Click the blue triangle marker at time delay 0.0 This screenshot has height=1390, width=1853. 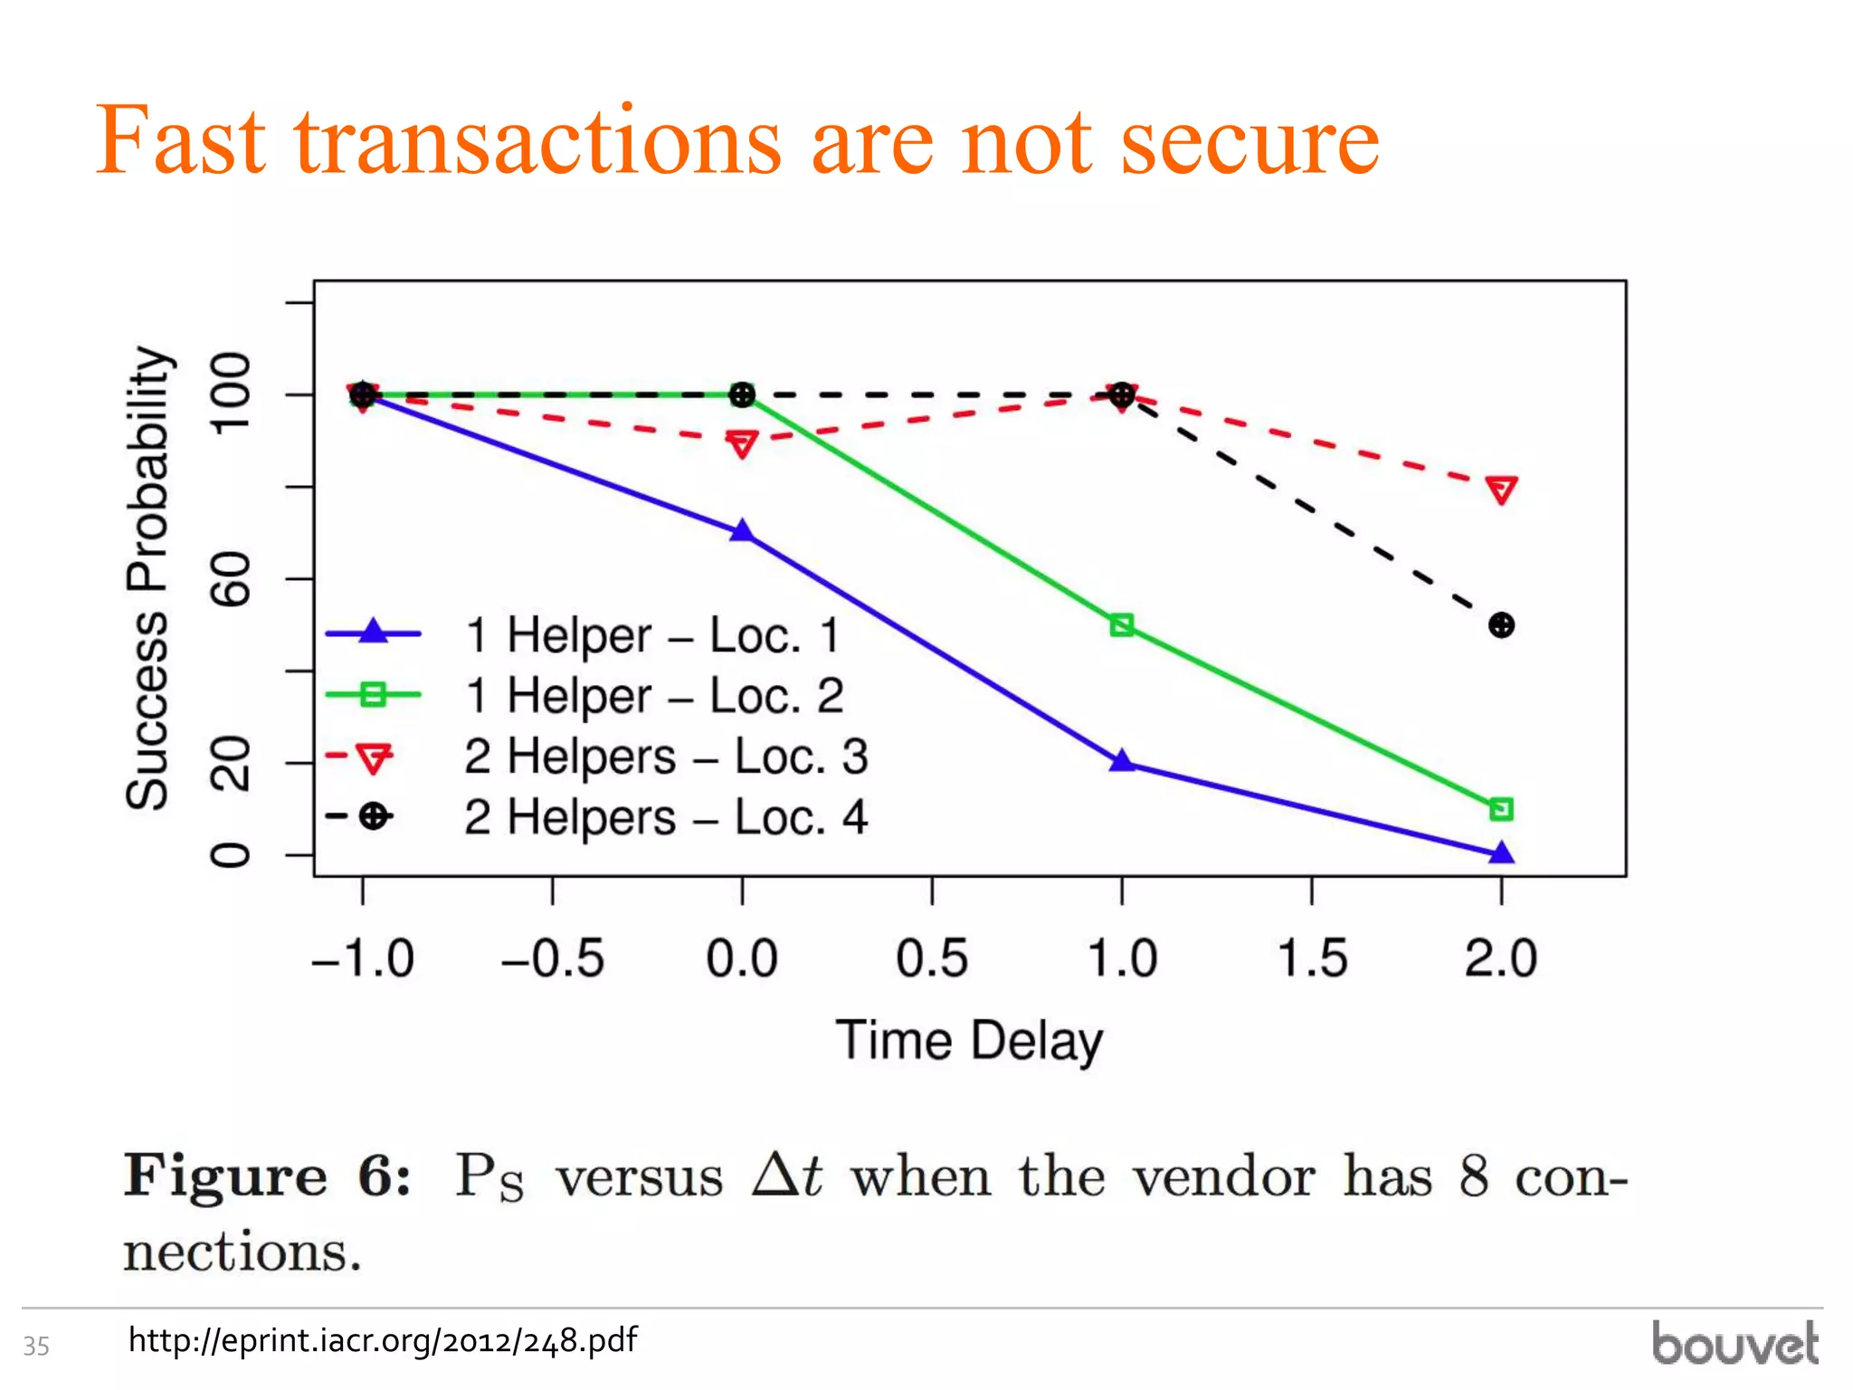click(x=742, y=531)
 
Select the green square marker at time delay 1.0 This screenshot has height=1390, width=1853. click(x=1122, y=625)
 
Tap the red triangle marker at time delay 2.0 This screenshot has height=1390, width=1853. click(x=1502, y=490)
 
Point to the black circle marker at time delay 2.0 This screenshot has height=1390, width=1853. click(x=1502, y=625)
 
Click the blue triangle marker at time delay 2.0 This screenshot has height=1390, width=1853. click(x=1502, y=852)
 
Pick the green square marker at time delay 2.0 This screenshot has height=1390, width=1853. click(x=1502, y=809)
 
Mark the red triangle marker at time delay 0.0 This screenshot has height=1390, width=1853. click(x=742, y=444)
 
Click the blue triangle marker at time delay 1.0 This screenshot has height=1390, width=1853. click(x=1122, y=761)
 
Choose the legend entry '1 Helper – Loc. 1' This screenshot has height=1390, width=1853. click(x=651, y=635)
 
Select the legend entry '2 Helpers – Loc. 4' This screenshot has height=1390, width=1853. click(x=665, y=817)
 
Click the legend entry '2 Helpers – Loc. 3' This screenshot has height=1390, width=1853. click(x=665, y=757)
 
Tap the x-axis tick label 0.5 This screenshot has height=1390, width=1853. click(x=932, y=959)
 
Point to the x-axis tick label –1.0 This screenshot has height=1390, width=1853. click(x=363, y=959)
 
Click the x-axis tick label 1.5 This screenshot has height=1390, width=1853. click(x=1312, y=959)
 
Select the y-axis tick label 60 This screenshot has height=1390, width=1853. click(x=230, y=578)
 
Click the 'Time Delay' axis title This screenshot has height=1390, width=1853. click(x=969, y=1041)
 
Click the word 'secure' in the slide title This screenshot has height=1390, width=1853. click(x=1250, y=141)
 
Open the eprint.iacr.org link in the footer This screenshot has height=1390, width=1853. click(x=383, y=1340)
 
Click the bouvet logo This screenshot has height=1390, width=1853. click(x=1734, y=1344)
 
